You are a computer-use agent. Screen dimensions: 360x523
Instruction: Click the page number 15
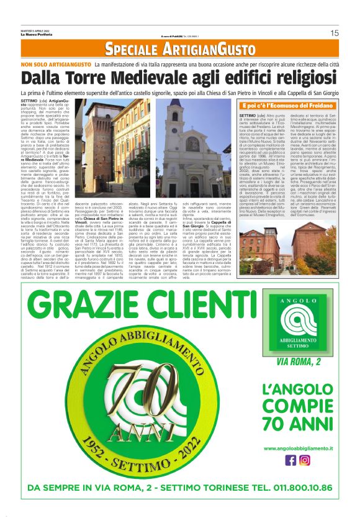tap(334, 33)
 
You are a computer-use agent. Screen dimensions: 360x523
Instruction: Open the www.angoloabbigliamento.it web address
tap(298, 448)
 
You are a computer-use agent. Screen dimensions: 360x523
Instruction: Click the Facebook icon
tap(290, 461)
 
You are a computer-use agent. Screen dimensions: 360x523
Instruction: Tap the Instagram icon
tap(305, 461)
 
